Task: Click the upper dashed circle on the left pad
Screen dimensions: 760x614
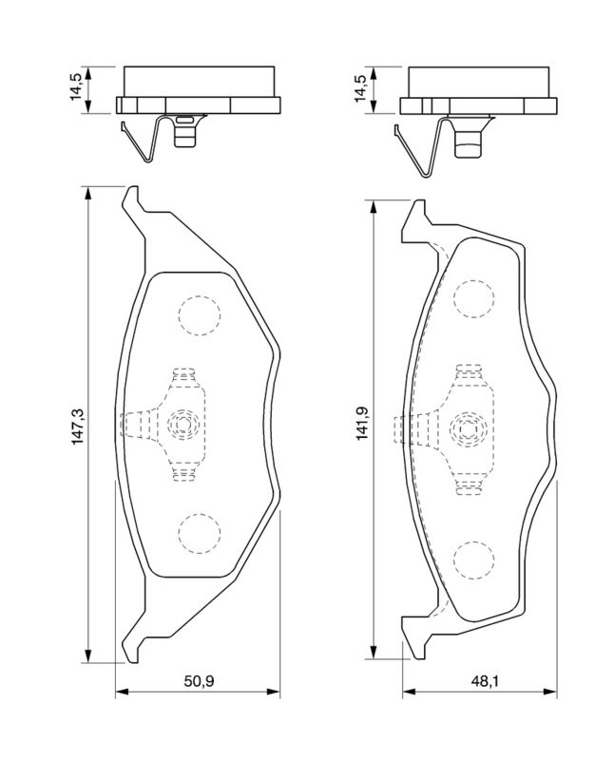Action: pyautogui.click(x=198, y=315)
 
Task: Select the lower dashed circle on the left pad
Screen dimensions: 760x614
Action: pyautogui.click(x=198, y=535)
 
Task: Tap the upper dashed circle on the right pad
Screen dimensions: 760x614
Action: pyautogui.click(x=474, y=298)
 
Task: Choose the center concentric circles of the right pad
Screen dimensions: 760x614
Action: pyautogui.click(x=467, y=430)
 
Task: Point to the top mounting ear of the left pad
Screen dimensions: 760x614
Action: pyautogui.click(x=133, y=202)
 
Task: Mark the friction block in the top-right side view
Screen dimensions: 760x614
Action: pyautogui.click(x=478, y=81)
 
